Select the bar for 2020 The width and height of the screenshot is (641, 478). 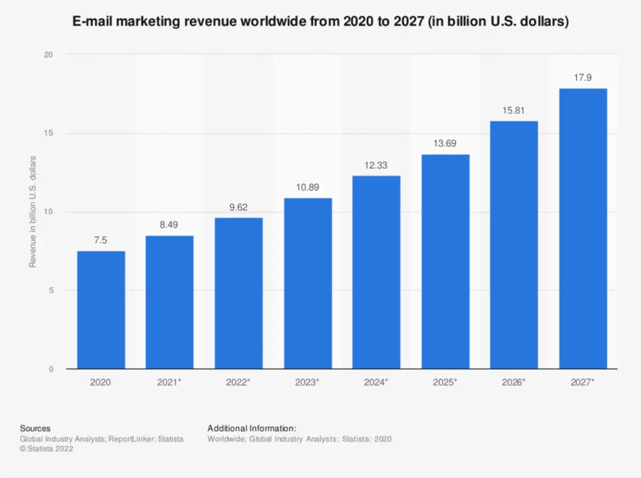click(x=101, y=310)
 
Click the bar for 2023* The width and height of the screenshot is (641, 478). click(x=307, y=283)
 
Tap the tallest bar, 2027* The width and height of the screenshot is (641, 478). click(x=583, y=228)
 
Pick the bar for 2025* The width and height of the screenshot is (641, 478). click(x=445, y=261)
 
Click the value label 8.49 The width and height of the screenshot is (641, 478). click(x=169, y=225)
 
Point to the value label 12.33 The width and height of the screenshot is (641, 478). click(x=376, y=165)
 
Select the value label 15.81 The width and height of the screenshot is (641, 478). click(x=514, y=110)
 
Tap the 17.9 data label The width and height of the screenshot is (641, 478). click(x=583, y=77)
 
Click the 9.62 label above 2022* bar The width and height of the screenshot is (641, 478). click(x=238, y=207)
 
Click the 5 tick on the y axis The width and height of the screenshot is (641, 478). click(x=50, y=291)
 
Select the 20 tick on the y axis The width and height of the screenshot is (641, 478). click(x=49, y=55)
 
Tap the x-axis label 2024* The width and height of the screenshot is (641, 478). click(x=376, y=382)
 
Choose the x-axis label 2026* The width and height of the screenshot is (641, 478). click(x=514, y=382)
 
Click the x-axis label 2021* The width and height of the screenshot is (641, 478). click(x=169, y=382)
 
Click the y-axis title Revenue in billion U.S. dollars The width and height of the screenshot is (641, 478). click(x=32, y=212)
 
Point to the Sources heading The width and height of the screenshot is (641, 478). click(x=35, y=428)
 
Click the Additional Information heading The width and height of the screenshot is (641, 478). click(x=252, y=428)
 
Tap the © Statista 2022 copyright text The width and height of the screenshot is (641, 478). click(x=47, y=449)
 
